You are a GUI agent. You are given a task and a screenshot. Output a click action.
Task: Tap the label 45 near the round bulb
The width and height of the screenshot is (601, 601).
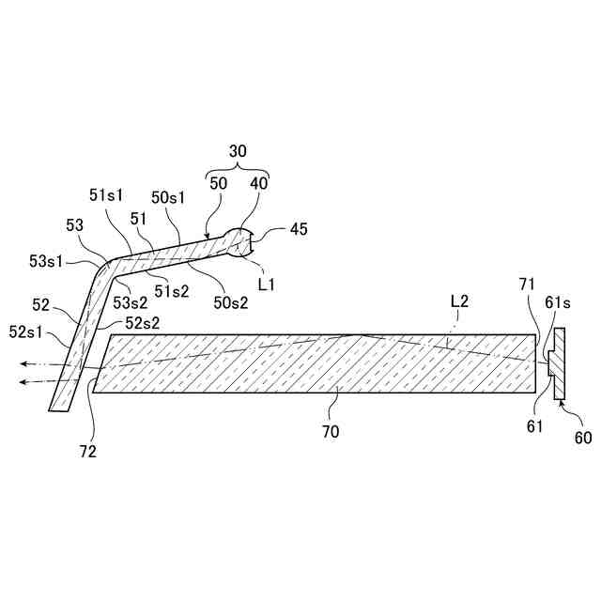pyautogui.click(x=299, y=228)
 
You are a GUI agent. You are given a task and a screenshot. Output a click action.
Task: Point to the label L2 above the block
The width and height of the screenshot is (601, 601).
pyautogui.click(x=460, y=301)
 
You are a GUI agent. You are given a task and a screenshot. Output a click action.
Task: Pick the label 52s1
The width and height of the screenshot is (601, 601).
pyautogui.click(x=27, y=331)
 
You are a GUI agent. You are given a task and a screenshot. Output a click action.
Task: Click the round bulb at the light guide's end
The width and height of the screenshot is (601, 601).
pyautogui.click(x=239, y=243)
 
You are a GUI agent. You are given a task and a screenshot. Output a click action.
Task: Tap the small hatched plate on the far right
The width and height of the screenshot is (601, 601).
pyautogui.click(x=558, y=363)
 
